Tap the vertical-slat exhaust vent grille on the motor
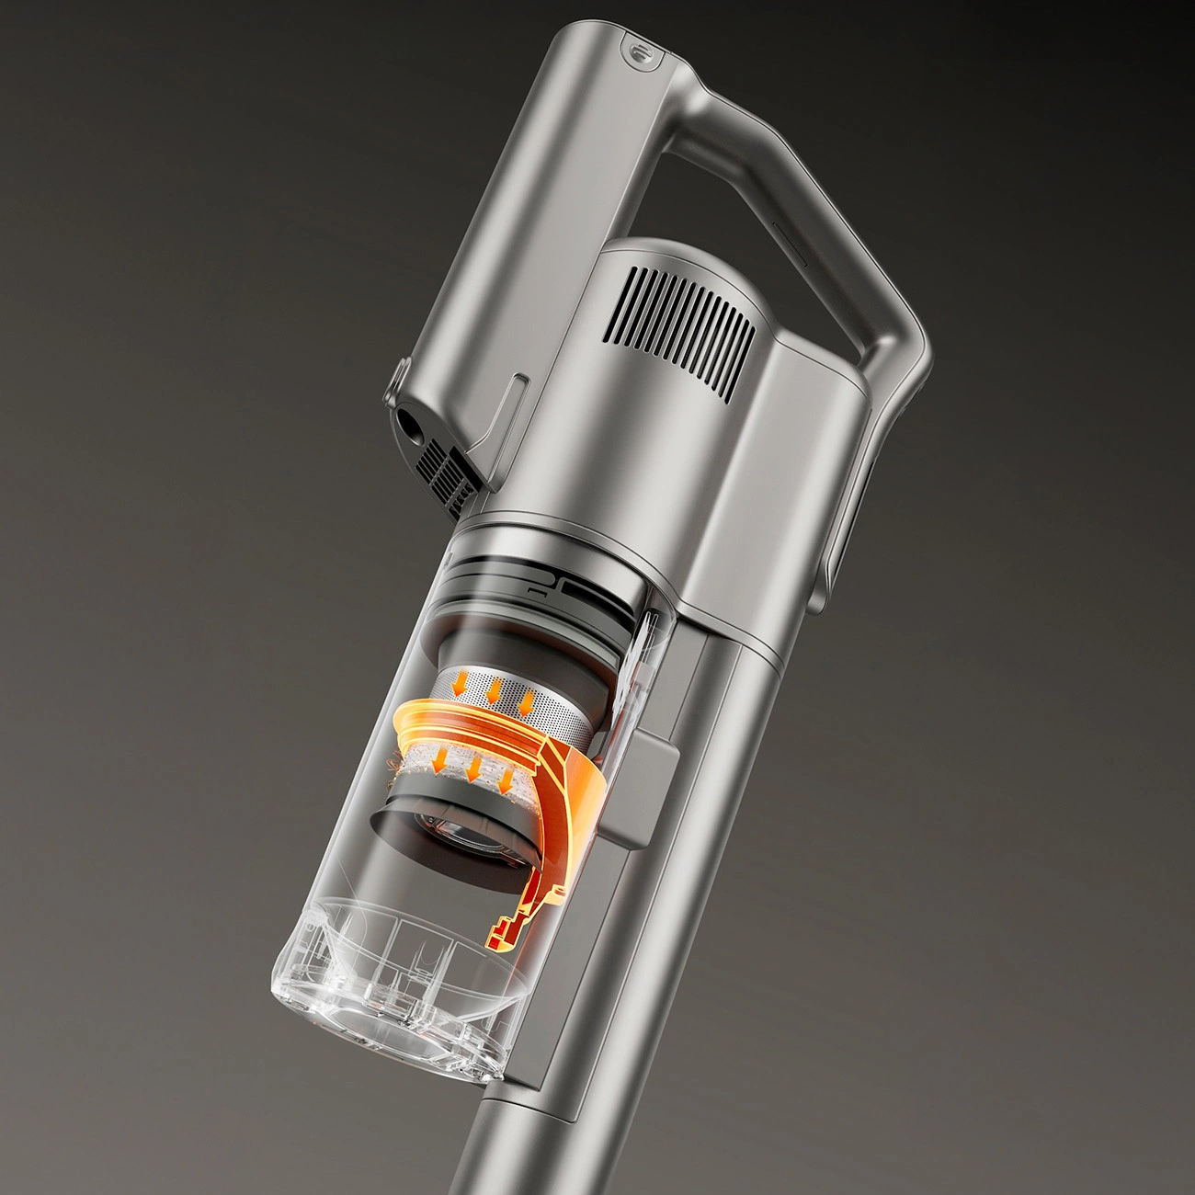pyautogui.click(x=692, y=330)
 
